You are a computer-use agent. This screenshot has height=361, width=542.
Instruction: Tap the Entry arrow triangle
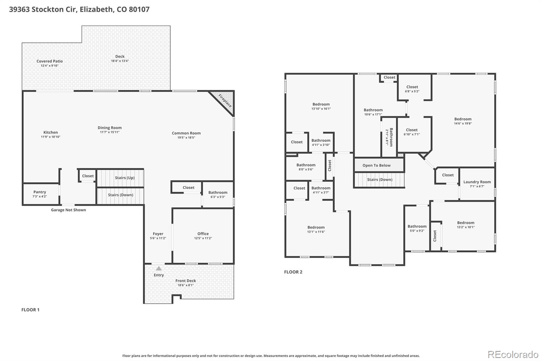(159, 269)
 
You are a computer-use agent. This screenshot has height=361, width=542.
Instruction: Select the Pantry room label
(40, 192)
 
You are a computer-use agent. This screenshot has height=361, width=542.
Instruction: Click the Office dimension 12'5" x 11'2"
(203, 238)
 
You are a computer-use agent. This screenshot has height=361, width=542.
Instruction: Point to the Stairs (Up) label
(124, 178)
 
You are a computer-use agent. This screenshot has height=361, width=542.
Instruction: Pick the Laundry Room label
(477, 182)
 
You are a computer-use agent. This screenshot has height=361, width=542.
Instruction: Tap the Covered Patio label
(49, 61)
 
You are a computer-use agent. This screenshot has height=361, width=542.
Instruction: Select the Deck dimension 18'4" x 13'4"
(120, 61)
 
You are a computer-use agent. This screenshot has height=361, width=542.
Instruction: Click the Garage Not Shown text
(68, 210)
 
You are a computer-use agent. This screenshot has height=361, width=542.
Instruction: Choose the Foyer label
(158, 234)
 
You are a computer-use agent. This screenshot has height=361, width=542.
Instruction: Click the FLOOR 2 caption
(293, 272)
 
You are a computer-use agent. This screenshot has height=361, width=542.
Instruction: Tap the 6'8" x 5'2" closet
(412, 89)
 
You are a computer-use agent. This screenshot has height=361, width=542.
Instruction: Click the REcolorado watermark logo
(513, 355)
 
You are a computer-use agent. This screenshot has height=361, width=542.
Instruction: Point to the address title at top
(79, 9)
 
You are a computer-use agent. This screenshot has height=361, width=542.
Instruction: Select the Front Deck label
(186, 281)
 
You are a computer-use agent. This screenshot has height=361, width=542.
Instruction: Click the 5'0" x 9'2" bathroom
(417, 228)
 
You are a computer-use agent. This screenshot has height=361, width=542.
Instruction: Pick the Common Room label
(186, 133)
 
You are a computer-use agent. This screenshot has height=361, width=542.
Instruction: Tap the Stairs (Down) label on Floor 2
(379, 179)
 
